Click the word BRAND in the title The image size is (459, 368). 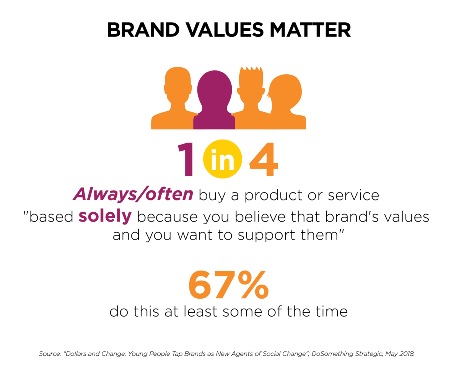coord(143,30)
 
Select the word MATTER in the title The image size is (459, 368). coord(310,30)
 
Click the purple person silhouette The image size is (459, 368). coord(214,100)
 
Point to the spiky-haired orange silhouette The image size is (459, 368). coord(251,99)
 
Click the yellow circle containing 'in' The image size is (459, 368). coord(223,159)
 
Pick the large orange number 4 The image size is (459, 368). coord(264,159)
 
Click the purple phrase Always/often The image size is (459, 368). coord(133,194)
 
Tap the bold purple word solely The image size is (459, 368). coord(105,217)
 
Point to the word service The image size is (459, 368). coord(353,195)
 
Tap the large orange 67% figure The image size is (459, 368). coord(228,284)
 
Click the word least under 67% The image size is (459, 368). coord(200,311)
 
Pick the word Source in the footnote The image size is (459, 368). coord(50,354)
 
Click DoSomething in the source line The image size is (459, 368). coord(332,354)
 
